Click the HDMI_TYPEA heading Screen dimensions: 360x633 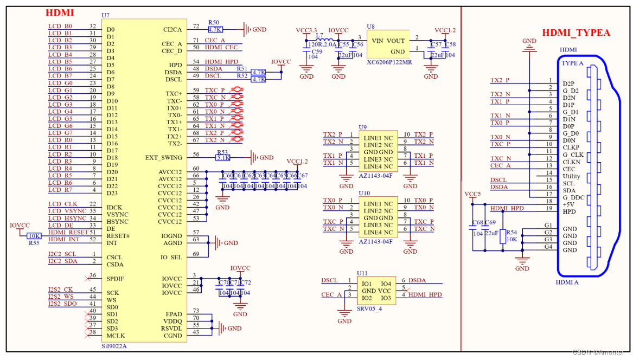[x=576, y=33]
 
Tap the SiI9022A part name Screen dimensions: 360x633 [x=115, y=345]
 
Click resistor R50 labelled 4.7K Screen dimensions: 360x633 [x=215, y=30]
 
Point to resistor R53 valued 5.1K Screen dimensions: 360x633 [x=223, y=158]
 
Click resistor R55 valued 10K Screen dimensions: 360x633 [x=34, y=236]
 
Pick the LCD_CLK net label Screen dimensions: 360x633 [x=62, y=204]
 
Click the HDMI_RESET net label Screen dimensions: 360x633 [x=64, y=233]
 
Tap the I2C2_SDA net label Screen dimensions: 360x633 [x=62, y=261]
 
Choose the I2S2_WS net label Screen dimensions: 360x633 [x=61, y=297]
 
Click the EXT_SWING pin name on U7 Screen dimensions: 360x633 [x=164, y=158]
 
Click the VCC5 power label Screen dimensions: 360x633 [x=472, y=194]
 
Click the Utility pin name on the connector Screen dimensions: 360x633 [x=571, y=176]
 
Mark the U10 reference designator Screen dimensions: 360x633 [x=364, y=193]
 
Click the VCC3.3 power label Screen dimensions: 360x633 [x=306, y=30]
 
